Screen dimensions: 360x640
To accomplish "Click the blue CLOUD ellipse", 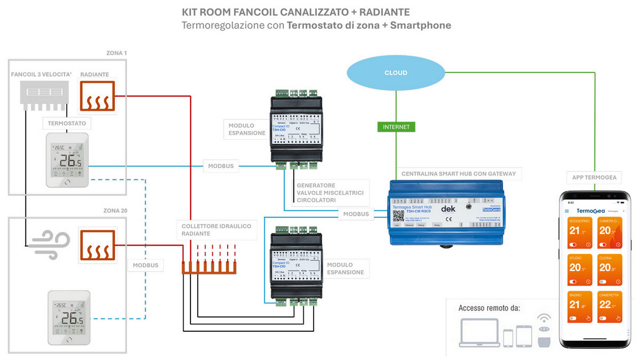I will [396, 73].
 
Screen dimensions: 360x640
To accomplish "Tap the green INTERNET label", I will [396, 127].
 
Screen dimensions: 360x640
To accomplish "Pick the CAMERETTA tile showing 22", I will [609, 306].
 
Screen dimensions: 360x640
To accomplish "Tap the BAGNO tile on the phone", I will [578, 306].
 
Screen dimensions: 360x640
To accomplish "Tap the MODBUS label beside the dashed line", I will [145, 265].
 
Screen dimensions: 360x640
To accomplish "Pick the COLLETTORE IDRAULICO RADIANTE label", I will [216, 230].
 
